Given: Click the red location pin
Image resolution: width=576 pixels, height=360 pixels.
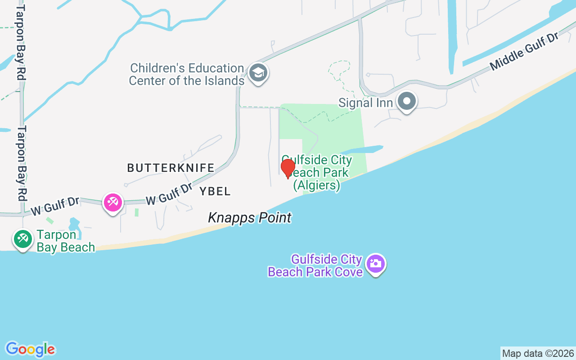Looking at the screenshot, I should (x=288, y=168).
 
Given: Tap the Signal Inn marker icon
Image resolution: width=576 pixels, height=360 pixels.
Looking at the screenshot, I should (x=407, y=102).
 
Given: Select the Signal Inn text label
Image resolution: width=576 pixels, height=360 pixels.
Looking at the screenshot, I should (x=366, y=103).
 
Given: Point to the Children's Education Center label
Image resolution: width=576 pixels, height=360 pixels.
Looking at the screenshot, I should (x=187, y=75).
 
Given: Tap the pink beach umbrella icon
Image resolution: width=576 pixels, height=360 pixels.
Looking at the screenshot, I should (x=112, y=202).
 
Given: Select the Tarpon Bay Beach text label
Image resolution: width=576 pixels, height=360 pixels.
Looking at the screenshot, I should (x=66, y=241).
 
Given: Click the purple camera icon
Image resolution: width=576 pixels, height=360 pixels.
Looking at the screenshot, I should (x=375, y=264).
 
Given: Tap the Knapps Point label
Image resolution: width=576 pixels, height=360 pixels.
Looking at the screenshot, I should (x=250, y=218).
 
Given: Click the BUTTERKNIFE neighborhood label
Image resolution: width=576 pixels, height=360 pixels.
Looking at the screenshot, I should (x=171, y=168).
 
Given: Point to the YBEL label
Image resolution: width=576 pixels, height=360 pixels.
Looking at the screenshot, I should (x=215, y=191).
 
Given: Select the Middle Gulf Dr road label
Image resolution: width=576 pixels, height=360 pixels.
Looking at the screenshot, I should (x=524, y=51).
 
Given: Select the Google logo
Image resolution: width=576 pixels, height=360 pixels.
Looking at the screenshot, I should (x=30, y=349).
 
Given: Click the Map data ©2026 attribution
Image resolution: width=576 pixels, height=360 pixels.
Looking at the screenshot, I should (x=538, y=353).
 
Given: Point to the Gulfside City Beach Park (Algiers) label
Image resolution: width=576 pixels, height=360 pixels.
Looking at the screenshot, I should (x=317, y=173).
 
